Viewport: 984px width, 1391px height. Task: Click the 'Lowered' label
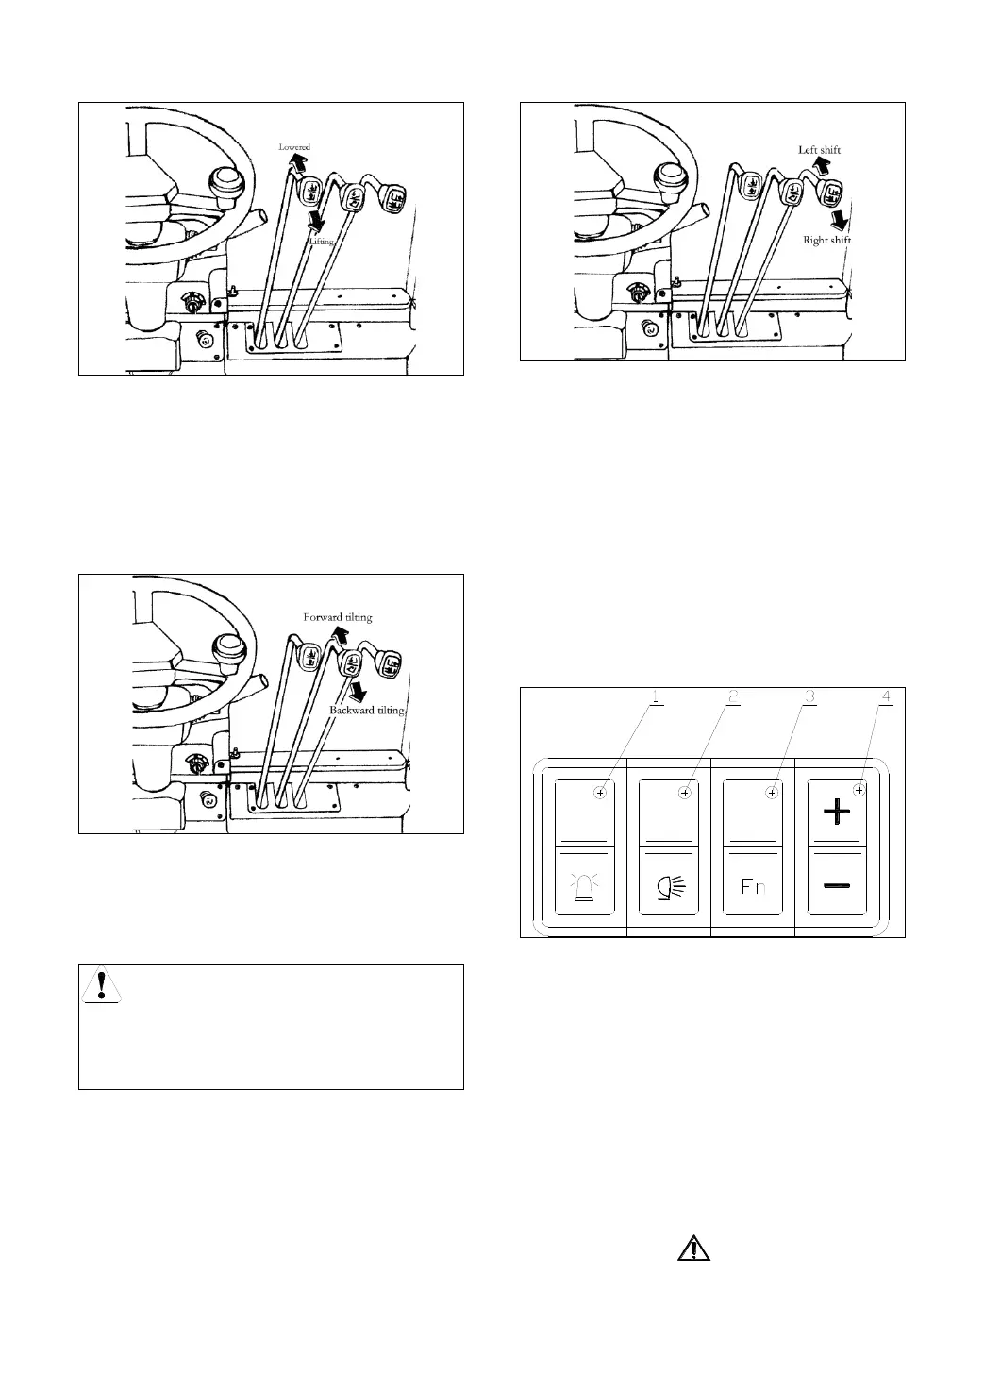point(293,147)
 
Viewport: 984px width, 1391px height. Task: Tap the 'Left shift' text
point(819,150)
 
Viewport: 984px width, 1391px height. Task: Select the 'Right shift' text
point(826,241)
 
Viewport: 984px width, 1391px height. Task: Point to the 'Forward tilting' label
point(337,617)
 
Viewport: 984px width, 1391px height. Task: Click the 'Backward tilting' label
point(366,710)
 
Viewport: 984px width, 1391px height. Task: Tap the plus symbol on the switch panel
point(837,811)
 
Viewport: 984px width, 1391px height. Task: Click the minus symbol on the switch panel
point(837,885)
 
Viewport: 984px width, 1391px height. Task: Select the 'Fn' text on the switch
point(753,887)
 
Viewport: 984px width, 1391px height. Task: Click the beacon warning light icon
point(584,887)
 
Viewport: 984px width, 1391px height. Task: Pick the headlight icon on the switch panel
point(669,887)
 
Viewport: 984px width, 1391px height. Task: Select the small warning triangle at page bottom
point(693,1249)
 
